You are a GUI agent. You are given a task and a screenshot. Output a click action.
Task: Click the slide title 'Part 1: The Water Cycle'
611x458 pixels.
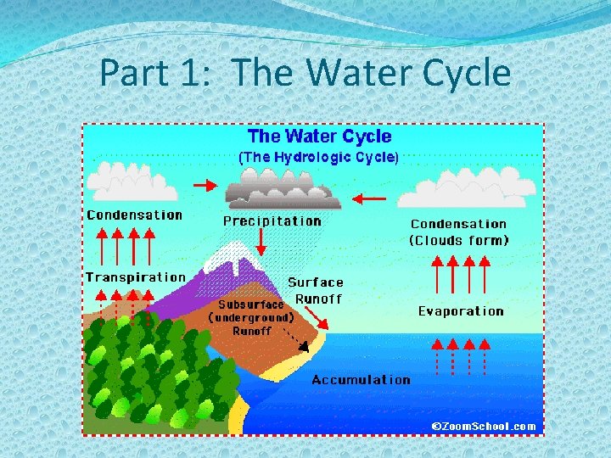tap(305, 73)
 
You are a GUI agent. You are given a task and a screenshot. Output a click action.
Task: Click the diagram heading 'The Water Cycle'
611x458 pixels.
tap(319, 137)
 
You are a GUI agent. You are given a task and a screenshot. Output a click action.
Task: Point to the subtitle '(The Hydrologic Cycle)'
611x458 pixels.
tap(318, 157)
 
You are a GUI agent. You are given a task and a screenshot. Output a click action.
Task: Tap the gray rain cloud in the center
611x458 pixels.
tap(280, 188)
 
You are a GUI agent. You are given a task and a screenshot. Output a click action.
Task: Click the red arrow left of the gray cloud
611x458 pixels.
tap(205, 184)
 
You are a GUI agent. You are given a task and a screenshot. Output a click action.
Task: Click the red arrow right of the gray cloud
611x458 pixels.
tap(369, 198)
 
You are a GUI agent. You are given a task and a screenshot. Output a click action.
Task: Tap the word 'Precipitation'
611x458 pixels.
tap(272, 221)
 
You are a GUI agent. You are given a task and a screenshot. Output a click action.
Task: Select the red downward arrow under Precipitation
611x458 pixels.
tap(261, 243)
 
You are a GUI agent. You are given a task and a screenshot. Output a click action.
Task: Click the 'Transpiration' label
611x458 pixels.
tap(135, 277)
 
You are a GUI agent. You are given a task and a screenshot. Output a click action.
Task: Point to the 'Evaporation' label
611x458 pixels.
tap(461, 311)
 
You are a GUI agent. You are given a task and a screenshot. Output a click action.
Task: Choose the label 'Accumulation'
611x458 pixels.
tap(361, 380)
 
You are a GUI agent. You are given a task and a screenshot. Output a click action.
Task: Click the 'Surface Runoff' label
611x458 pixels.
tap(317, 290)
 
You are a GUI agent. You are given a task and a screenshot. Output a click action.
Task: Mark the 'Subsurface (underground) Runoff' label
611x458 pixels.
tap(251, 317)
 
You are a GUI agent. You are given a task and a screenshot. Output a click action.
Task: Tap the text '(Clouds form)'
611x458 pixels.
tap(459, 240)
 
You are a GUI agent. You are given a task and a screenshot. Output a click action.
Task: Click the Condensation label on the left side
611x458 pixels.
tap(134, 215)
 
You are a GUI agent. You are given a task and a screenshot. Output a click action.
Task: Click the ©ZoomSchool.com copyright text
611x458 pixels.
tap(484, 426)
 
